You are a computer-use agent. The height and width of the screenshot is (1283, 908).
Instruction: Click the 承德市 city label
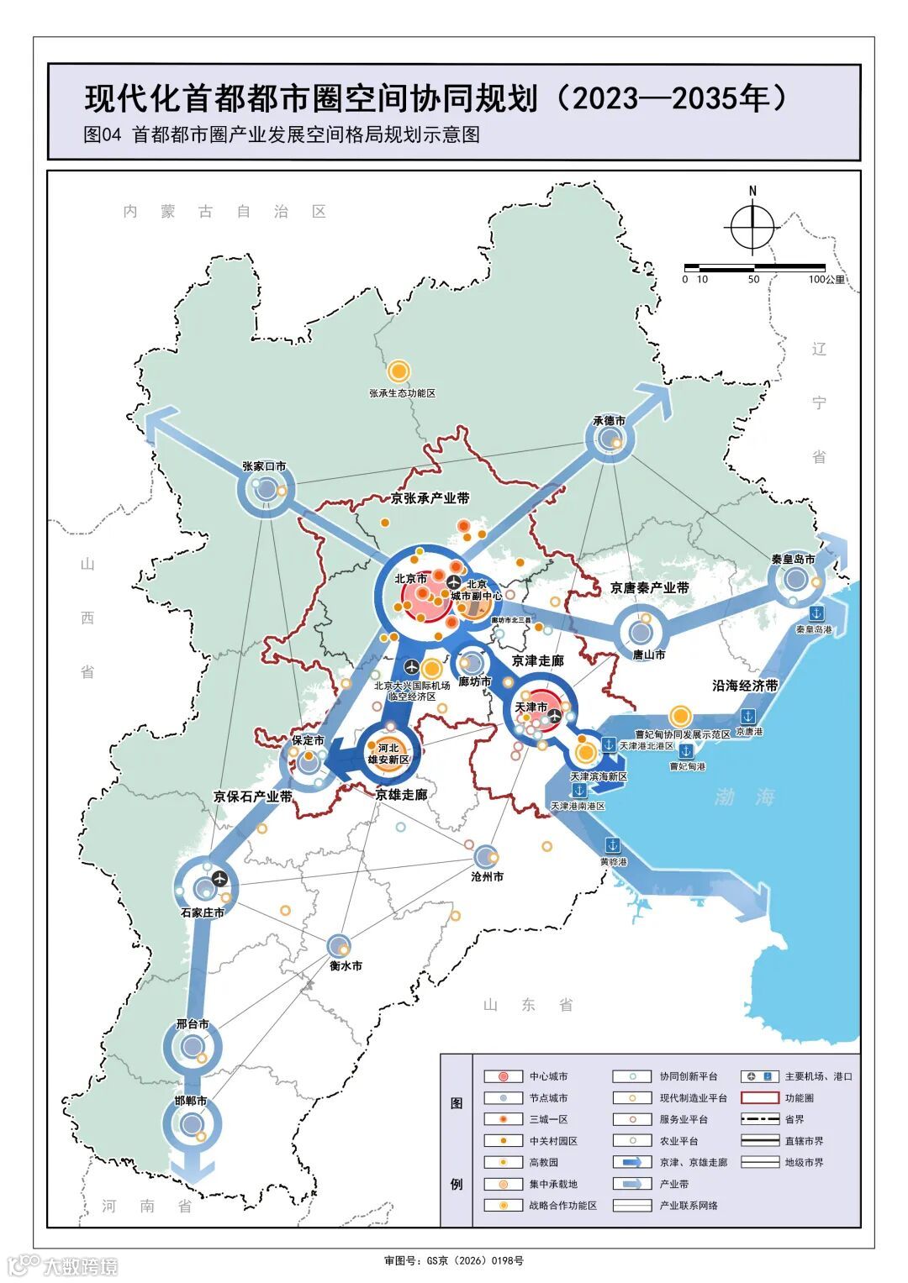pyautogui.click(x=610, y=420)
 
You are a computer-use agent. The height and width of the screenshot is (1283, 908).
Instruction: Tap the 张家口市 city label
pyautogui.click(x=264, y=466)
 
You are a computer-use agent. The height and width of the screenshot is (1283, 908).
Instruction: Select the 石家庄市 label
pyautogui.click(x=203, y=912)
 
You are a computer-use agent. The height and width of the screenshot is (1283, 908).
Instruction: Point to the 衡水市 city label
pyautogui.click(x=346, y=966)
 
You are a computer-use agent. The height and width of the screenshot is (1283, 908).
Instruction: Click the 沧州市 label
pyautogui.click(x=487, y=876)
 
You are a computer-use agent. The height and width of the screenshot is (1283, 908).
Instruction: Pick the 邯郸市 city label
pyautogui.click(x=191, y=1101)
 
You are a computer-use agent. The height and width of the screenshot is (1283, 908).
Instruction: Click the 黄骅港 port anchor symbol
pyautogui.click(x=613, y=844)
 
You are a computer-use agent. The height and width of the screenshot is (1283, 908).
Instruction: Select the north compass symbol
pyautogui.click(x=752, y=225)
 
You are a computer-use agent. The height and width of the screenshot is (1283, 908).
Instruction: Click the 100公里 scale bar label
pyautogui.click(x=827, y=280)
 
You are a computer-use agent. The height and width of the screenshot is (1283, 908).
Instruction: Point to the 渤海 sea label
pyautogui.click(x=744, y=797)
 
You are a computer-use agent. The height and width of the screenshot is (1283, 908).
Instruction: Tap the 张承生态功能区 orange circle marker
pyautogui.click(x=399, y=371)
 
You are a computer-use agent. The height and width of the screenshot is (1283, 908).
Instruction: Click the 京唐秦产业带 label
pyautogui.click(x=649, y=587)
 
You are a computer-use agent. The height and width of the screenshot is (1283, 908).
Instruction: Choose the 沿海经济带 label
pyautogui.click(x=745, y=686)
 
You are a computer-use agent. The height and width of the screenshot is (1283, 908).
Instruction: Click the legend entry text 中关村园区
pyautogui.click(x=553, y=1141)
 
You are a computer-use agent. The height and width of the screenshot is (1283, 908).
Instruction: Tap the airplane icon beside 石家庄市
pyautogui.click(x=221, y=878)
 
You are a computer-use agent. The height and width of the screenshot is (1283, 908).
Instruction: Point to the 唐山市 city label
pyautogui.click(x=649, y=655)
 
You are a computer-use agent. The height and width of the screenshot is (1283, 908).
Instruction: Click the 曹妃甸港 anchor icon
pyautogui.click(x=686, y=749)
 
